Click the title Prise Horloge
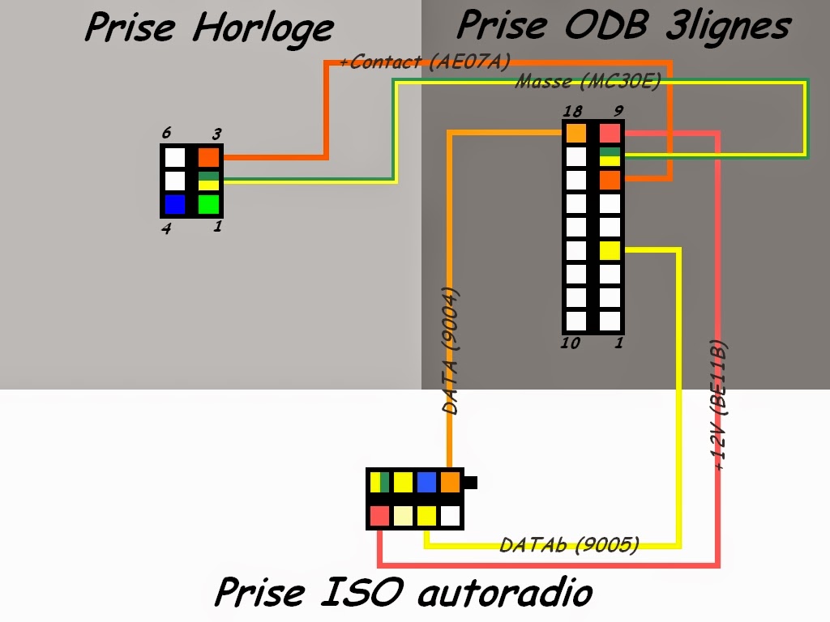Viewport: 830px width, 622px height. point(208,28)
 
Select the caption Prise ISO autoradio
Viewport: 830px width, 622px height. point(403,592)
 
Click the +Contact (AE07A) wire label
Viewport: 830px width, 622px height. point(425,62)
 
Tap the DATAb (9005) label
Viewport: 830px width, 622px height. point(569,544)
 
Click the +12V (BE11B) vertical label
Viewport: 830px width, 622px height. point(720,405)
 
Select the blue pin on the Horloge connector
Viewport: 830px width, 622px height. point(175,204)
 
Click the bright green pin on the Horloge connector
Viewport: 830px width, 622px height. point(209,204)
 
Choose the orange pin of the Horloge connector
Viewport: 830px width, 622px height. point(209,157)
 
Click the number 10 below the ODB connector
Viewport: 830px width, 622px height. point(570,343)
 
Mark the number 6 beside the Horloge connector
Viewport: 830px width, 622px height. point(166,132)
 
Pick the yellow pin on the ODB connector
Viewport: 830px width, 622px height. point(610,250)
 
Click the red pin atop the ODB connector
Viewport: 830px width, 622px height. point(610,133)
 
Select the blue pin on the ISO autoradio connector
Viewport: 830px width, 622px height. point(426,483)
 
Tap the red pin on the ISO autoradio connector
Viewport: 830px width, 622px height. point(379,515)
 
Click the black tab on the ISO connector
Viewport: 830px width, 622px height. point(471,483)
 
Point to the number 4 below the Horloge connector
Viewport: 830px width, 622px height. point(166,229)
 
